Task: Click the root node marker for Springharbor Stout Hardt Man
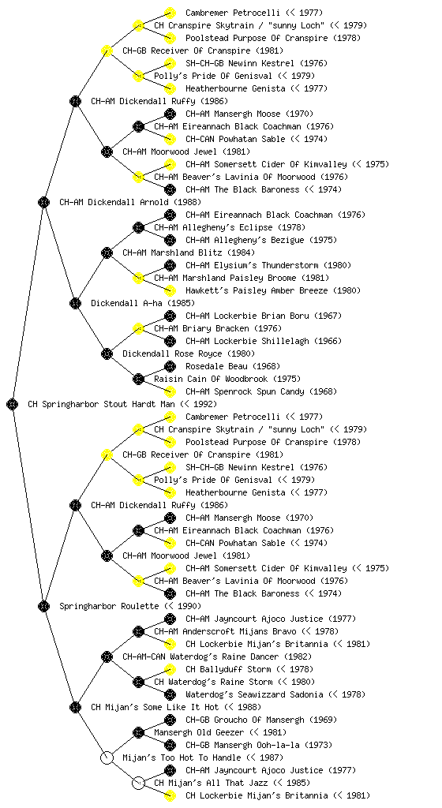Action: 13,404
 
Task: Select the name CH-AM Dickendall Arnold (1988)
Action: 130,202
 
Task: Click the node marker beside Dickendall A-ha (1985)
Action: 75,303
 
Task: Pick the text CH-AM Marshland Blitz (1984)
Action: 189,252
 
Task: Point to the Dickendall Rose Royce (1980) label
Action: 189,353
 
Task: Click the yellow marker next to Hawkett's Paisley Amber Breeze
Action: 170,290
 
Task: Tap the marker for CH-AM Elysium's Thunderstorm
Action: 170,265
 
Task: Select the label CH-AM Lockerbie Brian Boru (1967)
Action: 264,316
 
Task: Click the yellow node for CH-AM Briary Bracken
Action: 138,328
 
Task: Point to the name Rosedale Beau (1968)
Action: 233,366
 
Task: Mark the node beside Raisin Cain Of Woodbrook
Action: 138,379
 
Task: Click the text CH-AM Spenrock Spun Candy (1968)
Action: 261,391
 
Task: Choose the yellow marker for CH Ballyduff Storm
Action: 170,669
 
